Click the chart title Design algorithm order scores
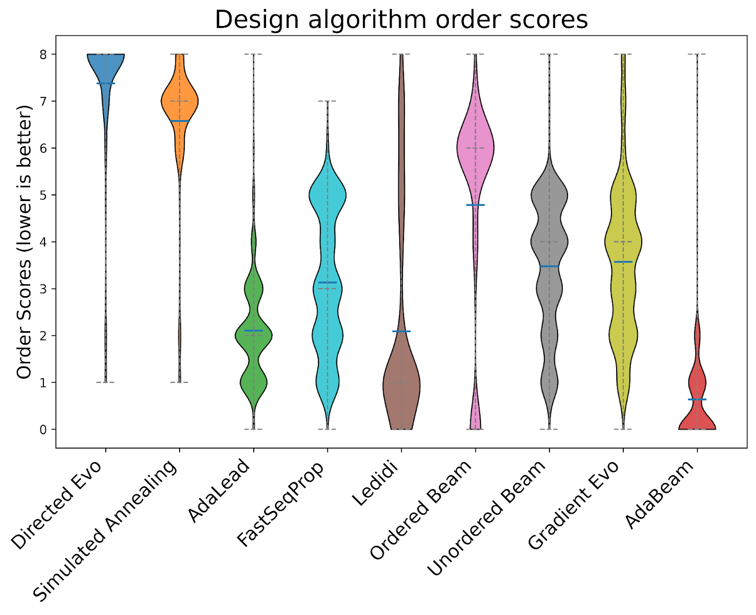[x=401, y=20]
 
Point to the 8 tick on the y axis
[x=43, y=54]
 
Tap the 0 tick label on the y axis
[x=43, y=430]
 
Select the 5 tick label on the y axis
[x=43, y=195]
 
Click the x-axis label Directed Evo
[x=57, y=505]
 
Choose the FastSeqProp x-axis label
[x=280, y=504]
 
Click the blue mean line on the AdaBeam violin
[x=697, y=399]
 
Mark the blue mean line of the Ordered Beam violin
[x=475, y=205]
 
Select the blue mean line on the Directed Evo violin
[x=106, y=83]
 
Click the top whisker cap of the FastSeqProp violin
[x=327, y=101]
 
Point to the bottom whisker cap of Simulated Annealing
[x=180, y=382]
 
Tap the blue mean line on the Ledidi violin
[x=401, y=331]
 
